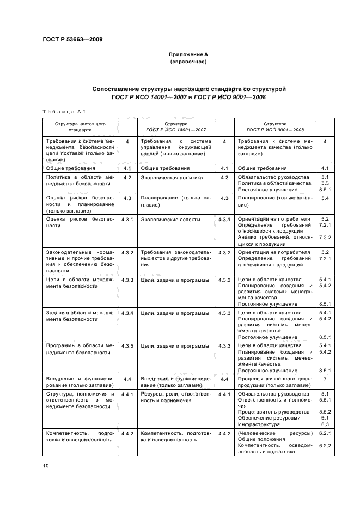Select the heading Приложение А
pos(188,55)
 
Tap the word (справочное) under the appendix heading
pos(188,62)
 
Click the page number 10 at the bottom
pos(46,465)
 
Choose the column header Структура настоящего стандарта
pos(80,127)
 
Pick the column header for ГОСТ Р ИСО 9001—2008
pos(275,127)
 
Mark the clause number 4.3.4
pos(128,313)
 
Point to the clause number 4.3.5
pos(128,345)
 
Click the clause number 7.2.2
pos(325,238)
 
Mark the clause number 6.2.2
pos(325,446)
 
